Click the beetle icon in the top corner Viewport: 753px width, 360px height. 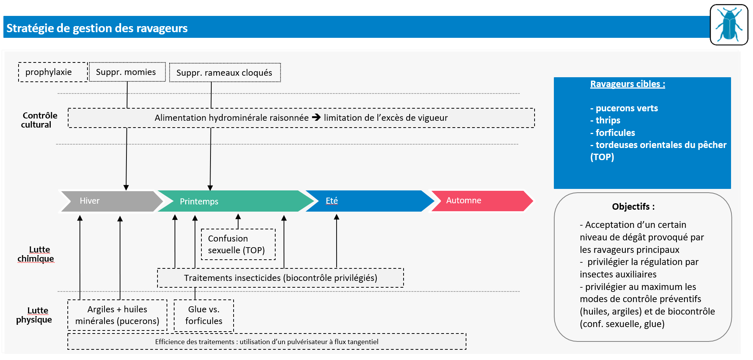[729, 25]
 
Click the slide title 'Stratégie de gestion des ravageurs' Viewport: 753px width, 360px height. [97, 28]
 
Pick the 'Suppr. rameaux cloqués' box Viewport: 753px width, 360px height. [224, 73]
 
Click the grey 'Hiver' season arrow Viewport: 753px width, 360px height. [110, 201]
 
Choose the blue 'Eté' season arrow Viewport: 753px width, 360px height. [367, 201]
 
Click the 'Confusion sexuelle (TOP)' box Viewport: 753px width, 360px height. [238, 245]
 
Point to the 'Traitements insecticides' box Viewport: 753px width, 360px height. [280, 278]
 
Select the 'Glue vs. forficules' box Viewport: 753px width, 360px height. [204, 315]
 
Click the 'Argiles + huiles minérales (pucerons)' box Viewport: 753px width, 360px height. [117, 315]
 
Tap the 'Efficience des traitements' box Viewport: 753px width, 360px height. [267, 341]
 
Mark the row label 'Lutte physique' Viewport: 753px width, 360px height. [35, 315]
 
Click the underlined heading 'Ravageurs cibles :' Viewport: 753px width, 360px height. [627, 84]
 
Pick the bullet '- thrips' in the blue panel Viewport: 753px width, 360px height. [605, 120]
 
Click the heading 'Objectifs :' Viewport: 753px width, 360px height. [633, 207]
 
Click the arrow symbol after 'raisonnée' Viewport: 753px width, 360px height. [316, 118]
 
